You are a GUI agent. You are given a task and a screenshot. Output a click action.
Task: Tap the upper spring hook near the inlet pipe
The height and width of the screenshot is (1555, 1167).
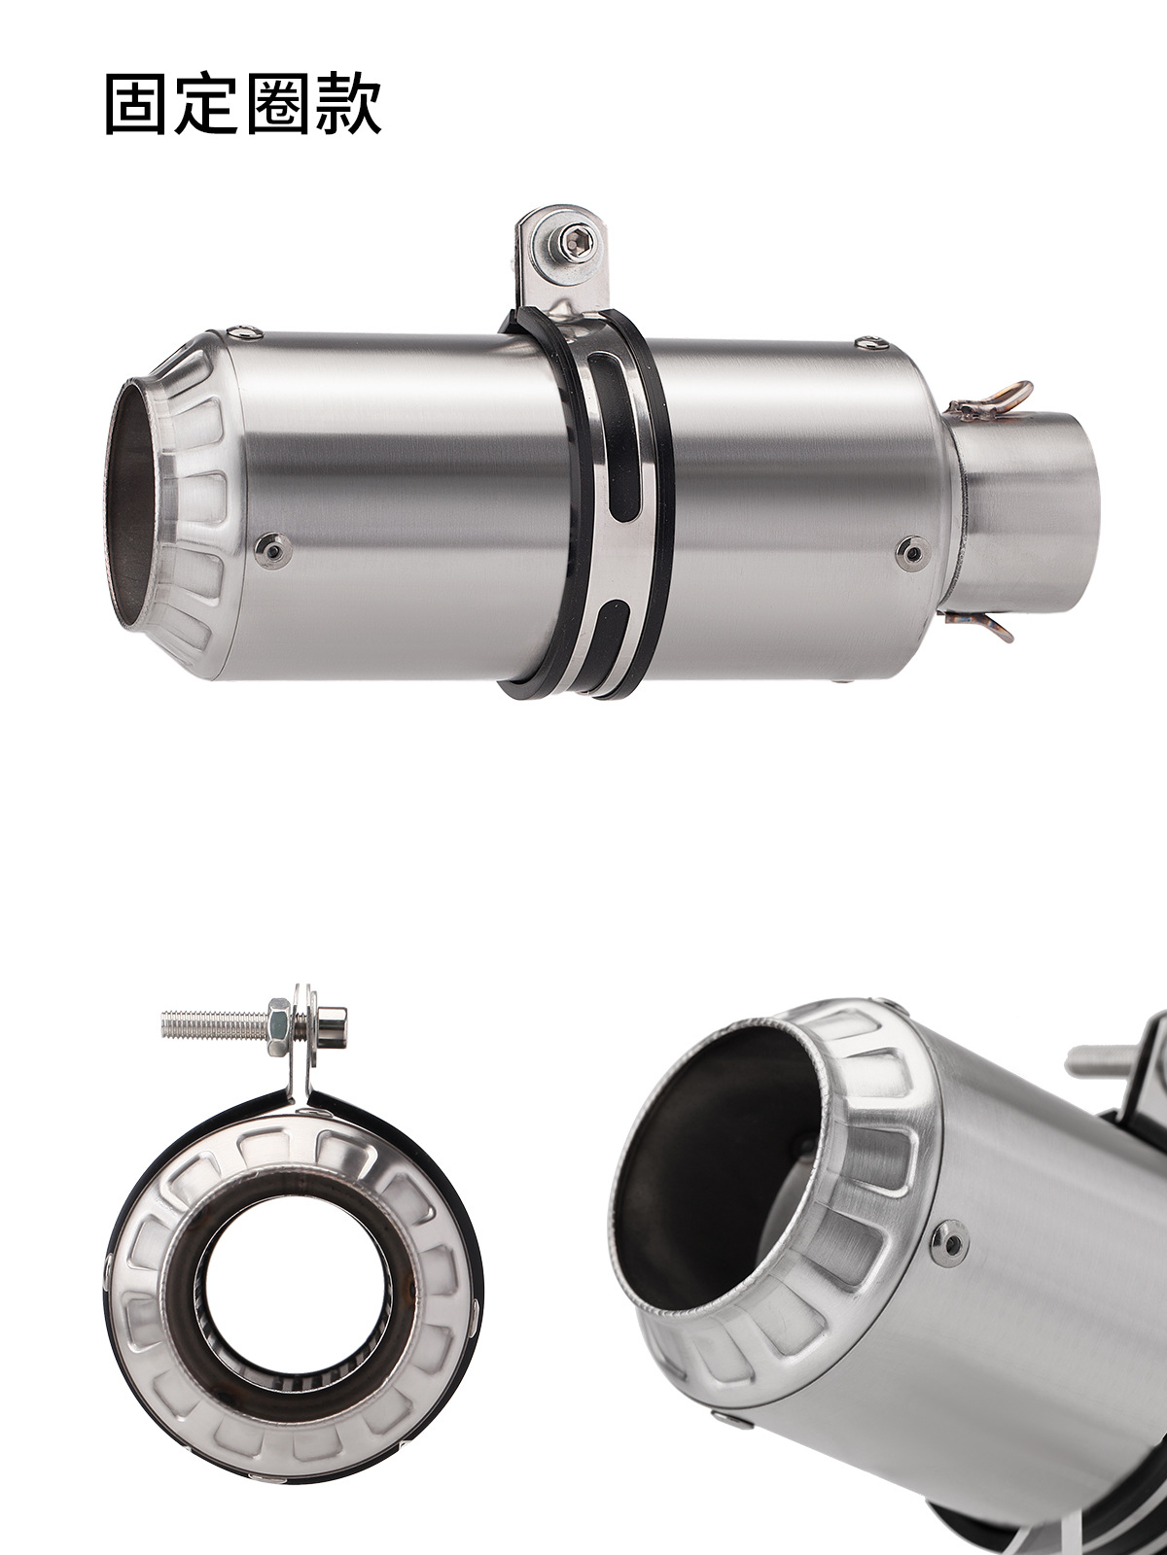(991, 401)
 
